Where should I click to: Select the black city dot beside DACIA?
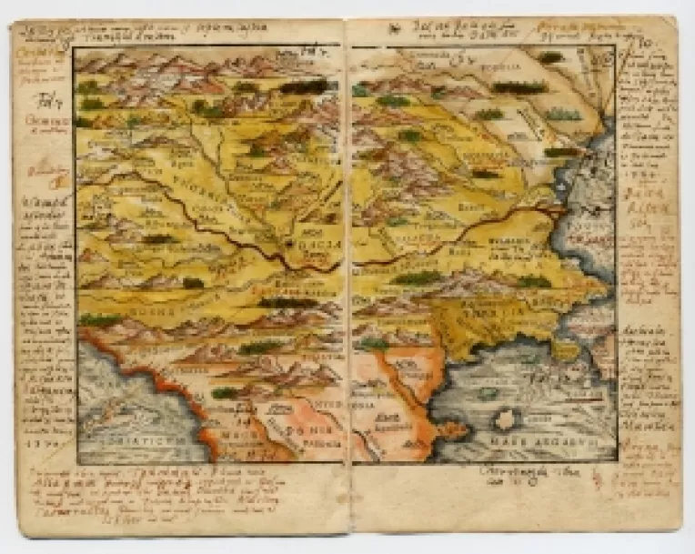289,244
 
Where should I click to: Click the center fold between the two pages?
347,273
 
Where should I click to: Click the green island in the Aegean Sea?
488,394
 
